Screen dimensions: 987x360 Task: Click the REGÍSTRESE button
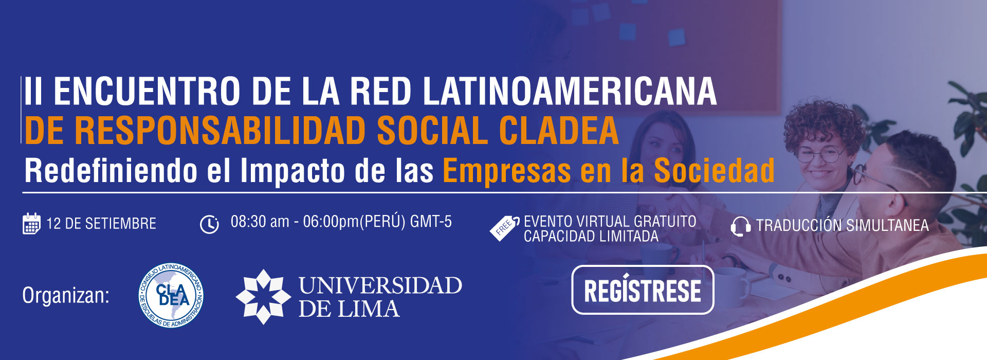pos(643,290)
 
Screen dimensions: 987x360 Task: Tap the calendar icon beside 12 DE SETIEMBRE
pos(31,224)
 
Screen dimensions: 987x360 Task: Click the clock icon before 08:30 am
pos(209,224)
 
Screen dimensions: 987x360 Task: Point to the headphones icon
pos(740,226)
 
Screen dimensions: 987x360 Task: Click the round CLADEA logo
pos(171,296)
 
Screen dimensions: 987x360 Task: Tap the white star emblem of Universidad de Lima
pos(263,297)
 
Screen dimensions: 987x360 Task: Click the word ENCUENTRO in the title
pos(147,92)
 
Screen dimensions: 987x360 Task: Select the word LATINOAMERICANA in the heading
pos(570,92)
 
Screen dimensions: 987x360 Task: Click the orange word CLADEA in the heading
pos(559,131)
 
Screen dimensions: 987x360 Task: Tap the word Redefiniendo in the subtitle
pos(111,170)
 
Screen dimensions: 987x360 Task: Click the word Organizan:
pos(66,296)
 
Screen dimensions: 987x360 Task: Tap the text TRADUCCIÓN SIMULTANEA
pos(842,225)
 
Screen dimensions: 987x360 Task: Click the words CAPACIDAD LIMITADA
pos(591,236)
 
